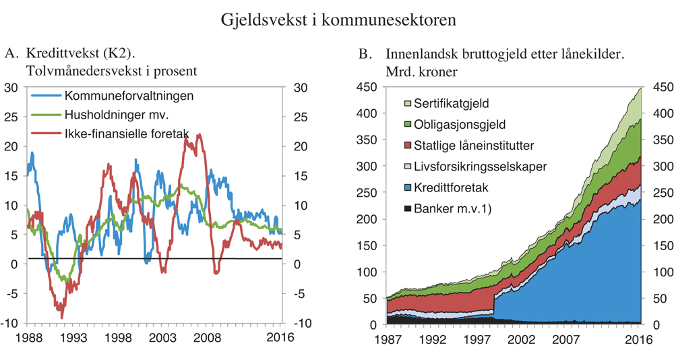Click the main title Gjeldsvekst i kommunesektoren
click(x=338, y=20)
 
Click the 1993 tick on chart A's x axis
click(x=75, y=338)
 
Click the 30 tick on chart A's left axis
click(x=11, y=88)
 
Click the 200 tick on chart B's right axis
click(x=657, y=219)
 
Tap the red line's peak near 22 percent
click(x=198, y=135)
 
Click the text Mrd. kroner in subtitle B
click(x=421, y=71)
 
